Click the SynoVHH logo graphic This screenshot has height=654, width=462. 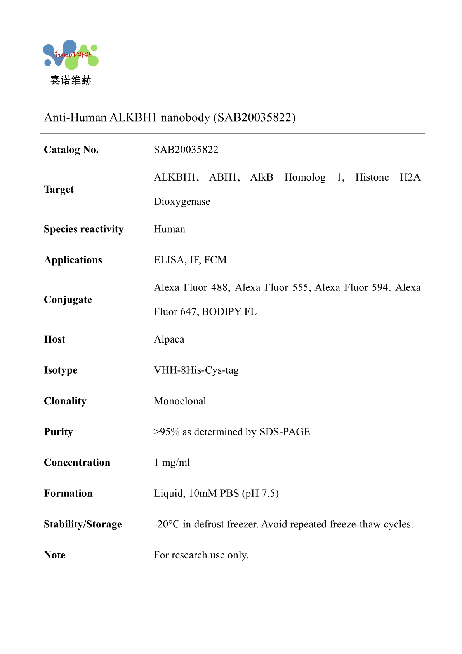(x=71, y=54)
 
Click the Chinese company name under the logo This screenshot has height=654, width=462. (x=71, y=80)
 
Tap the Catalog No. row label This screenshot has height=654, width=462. (x=71, y=150)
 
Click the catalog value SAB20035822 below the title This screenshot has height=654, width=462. (x=186, y=150)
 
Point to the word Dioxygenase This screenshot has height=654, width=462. (x=182, y=202)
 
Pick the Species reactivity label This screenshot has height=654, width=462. (x=83, y=229)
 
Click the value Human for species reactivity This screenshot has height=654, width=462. (x=169, y=229)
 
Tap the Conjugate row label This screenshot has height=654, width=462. (x=68, y=300)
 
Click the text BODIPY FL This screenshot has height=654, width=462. (x=229, y=312)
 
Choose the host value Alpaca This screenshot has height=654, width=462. (x=169, y=339)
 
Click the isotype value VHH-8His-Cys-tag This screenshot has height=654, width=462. (x=196, y=370)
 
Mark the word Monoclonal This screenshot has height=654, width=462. (x=180, y=401)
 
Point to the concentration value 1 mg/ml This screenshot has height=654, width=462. (x=172, y=463)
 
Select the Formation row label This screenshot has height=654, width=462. (x=68, y=493)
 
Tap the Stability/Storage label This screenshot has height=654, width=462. (x=83, y=524)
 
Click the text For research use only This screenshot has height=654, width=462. (x=201, y=555)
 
